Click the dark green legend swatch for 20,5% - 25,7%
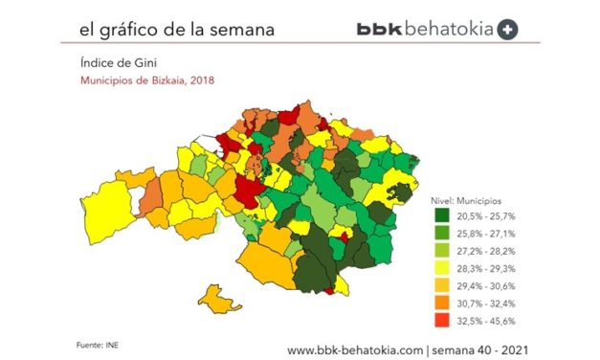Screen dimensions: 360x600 click(441, 215)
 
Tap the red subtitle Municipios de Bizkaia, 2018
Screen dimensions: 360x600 click(146, 80)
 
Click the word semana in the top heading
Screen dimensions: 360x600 click(241, 30)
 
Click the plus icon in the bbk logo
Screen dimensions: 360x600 click(508, 30)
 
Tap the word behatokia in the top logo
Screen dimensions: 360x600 click(448, 30)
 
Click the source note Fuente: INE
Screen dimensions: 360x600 click(98, 343)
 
